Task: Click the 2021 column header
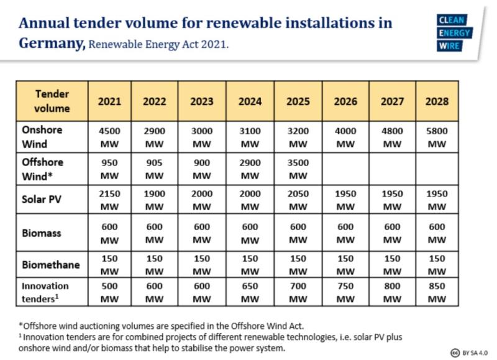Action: point(109,101)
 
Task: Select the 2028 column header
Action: point(437,101)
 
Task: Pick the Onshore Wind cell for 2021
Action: point(109,137)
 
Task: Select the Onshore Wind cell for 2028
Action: point(437,137)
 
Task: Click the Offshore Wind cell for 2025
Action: point(298,168)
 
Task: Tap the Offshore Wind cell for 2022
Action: point(154,168)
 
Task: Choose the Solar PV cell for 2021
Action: point(109,200)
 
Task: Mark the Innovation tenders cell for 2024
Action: point(250,292)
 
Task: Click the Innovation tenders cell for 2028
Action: point(437,292)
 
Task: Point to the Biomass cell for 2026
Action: point(345,233)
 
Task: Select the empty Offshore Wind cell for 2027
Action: point(392,168)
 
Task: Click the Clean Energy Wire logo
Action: point(454,33)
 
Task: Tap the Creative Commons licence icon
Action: point(455,352)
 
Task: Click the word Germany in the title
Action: point(52,44)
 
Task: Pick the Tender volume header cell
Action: point(52,101)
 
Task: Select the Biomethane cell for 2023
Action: point(202,264)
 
